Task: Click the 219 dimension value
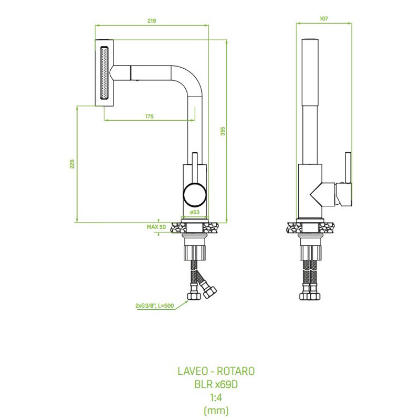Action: coord(152,20)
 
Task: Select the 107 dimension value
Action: coord(323,18)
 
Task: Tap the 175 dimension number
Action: coord(150,116)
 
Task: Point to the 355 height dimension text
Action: coord(223,131)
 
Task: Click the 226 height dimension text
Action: coord(72,164)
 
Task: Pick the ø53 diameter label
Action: coord(195,212)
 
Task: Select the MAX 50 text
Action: coord(156,227)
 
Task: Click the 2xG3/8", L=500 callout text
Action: coord(154,306)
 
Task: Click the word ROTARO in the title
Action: coord(235,371)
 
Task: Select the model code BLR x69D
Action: coord(216,384)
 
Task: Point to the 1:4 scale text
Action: coord(216,397)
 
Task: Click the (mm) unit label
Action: coord(216,411)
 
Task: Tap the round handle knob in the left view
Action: coord(195,195)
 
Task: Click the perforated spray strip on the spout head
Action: coord(104,73)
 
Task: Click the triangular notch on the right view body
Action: coord(316,195)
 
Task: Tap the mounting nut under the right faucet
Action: coord(310,253)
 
